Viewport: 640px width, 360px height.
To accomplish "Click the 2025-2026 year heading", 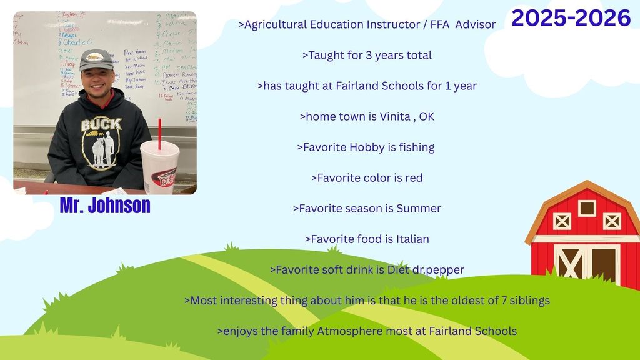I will pyautogui.click(x=571, y=19).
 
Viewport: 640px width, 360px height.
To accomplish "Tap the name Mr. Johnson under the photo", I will pyautogui.click(x=105, y=206).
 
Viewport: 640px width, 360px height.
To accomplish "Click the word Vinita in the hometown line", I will pyautogui.click(x=395, y=116).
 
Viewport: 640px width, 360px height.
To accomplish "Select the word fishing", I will pyautogui.click(x=415, y=147).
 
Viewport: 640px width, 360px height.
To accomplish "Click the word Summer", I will pyautogui.click(x=419, y=208).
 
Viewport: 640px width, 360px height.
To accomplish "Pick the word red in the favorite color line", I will pyautogui.click(x=414, y=177).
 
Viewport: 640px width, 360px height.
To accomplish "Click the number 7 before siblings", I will pyautogui.click(x=504, y=300).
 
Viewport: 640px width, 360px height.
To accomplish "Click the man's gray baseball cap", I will pyautogui.click(x=96, y=60).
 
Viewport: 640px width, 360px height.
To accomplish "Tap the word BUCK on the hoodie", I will pyautogui.click(x=101, y=124).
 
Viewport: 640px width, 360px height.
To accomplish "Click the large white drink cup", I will pyautogui.click(x=159, y=167).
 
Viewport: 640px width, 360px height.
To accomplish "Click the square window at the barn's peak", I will pyautogui.click(x=587, y=207).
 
